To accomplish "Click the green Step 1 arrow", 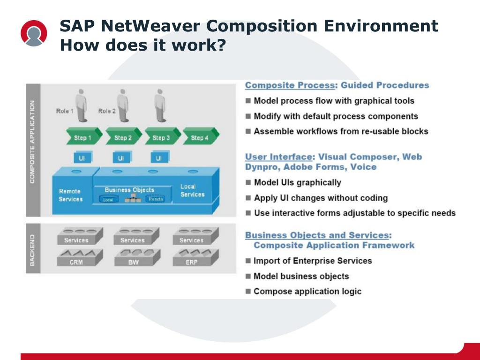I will pyautogui.click(x=82, y=137).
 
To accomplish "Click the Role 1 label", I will pyautogui.click(x=65, y=111).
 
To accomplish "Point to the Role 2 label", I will pyautogui.click(x=107, y=111).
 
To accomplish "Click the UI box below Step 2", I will pyautogui.click(x=121, y=158).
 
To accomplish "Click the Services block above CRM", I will pyautogui.click(x=76, y=238).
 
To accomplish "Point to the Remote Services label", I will pyautogui.click(x=70, y=195).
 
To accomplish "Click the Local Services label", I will pyautogui.click(x=192, y=190).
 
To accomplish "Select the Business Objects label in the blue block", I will pyautogui.click(x=129, y=190).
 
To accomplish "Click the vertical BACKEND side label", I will pyautogui.click(x=32, y=250).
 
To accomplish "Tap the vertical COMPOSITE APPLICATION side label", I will pyautogui.click(x=32, y=141).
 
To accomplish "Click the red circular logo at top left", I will pyautogui.click(x=34, y=33).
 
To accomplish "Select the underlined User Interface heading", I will pyautogui.click(x=278, y=157).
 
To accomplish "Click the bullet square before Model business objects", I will pyautogui.click(x=248, y=276).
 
